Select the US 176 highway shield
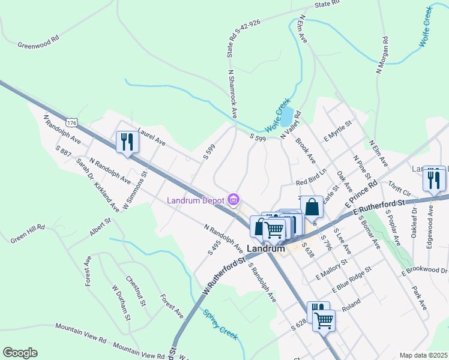pos(72,122)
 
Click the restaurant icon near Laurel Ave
pos(127,142)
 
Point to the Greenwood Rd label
pos(38,44)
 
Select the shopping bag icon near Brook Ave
pos(312,207)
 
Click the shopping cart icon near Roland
pos(324,320)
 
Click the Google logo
pos(20,353)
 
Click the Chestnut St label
pos(136,291)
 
